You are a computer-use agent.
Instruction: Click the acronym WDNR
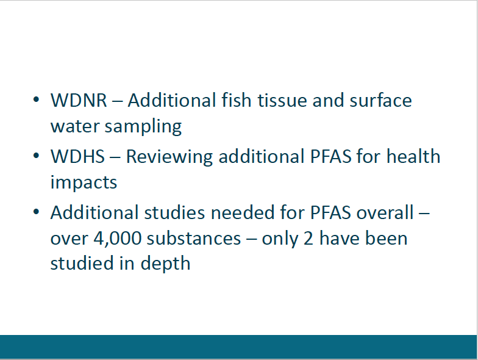click(x=79, y=100)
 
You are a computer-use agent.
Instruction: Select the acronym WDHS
click(x=78, y=156)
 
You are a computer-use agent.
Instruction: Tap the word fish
click(x=237, y=100)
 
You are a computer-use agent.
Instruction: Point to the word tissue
click(x=282, y=100)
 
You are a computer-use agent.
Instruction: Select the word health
click(x=413, y=156)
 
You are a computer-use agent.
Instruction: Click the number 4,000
click(x=118, y=239)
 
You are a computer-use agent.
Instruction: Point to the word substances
click(x=194, y=238)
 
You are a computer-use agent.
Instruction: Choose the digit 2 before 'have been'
click(x=309, y=238)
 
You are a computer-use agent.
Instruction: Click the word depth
click(x=165, y=264)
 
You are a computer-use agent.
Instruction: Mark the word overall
click(x=385, y=212)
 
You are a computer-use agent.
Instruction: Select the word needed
click(x=243, y=212)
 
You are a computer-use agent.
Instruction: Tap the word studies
click(x=174, y=212)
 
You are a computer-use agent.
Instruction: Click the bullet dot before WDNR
click(x=36, y=99)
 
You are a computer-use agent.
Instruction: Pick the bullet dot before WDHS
click(x=36, y=156)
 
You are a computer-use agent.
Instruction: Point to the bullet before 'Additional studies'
click(x=36, y=211)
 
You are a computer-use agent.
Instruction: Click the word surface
click(x=380, y=100)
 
